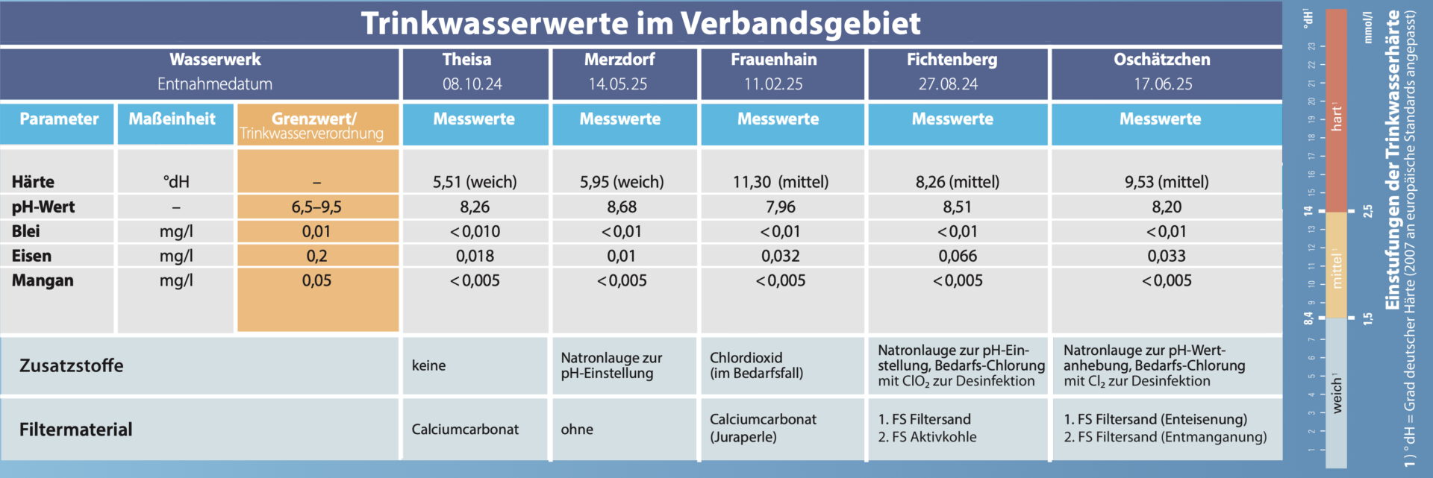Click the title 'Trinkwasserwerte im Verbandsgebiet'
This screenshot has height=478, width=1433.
point(640,24)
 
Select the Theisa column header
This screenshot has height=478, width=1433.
point(466,60)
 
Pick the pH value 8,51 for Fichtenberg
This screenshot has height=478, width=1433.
point(957,207)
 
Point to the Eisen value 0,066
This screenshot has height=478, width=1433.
point(957,256)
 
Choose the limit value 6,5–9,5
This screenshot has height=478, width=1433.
point(316,207)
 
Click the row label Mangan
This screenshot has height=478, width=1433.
point(43,280)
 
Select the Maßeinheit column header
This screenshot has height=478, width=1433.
point(172,119)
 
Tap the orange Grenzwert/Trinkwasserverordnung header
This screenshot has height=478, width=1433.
point(313,125)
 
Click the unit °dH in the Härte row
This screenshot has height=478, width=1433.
point(176,182)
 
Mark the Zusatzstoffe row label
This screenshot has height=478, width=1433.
point(72,365)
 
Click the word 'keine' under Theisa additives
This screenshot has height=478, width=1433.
point(428,365)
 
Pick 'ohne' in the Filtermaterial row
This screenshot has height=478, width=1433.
point(577,430)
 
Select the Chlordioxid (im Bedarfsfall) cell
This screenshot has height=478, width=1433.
point(756,365)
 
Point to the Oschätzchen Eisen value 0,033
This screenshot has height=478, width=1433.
point(1166,256)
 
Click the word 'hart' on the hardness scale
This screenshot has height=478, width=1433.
point(1336,118)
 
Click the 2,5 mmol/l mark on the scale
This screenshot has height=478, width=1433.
point(1367,211)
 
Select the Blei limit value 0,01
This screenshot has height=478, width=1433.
point(316,231)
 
